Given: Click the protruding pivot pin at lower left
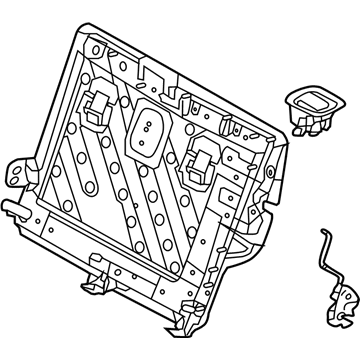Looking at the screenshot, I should click(12, 207).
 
